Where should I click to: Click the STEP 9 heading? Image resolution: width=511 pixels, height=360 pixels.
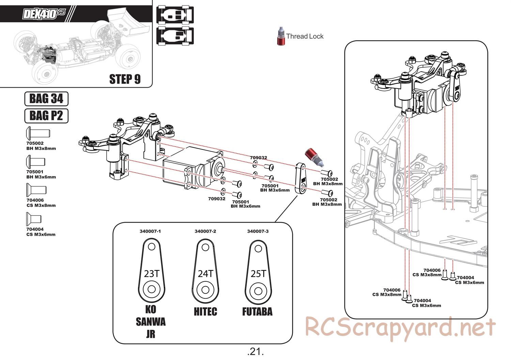pyautogui.click(x=125, y=79)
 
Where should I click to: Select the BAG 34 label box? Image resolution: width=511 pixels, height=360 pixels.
pyautogui.click(x=46, y=99)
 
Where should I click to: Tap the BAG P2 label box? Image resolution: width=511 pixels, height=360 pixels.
pyautogui.click(x=46, y=115)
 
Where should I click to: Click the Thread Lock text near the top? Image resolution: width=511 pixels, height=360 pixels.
pyautogui.click(x=305, y=36)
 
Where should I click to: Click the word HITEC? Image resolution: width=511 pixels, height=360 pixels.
pyautogui.click(x=205, y=311)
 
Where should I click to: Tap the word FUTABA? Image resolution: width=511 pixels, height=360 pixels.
pyautogui.click(x=257, y=311)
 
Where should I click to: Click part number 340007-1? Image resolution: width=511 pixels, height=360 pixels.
pyautogui.click(x=150, y=231)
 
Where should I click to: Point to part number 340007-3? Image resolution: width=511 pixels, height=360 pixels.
pyautogui.click(x=258, y=231)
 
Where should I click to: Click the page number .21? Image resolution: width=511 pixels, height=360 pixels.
pyautogui.click(x=255, y=351)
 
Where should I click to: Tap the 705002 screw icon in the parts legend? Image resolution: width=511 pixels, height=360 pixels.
pyautogui.click(x=37, y=132)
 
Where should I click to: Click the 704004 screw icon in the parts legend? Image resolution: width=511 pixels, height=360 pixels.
pyautogui.click(x=34, y=219)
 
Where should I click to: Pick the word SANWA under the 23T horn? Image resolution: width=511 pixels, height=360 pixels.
pyautogui.click(x=151, y=322)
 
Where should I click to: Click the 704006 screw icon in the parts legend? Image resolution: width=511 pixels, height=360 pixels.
pyautogui.click(x=36, y=190)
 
